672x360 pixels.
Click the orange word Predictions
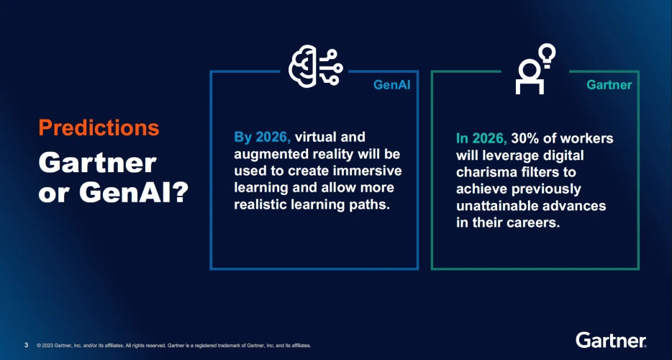coord(99,127)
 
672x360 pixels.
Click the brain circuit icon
coord(316,66)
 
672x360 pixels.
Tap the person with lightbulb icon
coord(535,69)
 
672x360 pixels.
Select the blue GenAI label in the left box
coord(391,85)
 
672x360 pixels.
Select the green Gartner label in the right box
coord(609,85)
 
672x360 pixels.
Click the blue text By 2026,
coord(263,138)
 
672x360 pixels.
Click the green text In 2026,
coord(482,138)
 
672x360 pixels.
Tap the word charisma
coord(483,172)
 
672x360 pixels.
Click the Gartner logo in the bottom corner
coord(611,340)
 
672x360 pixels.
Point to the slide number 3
coord(26,345)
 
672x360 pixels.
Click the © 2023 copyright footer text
coord(174,346)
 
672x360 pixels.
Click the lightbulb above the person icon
coord(548,55)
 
